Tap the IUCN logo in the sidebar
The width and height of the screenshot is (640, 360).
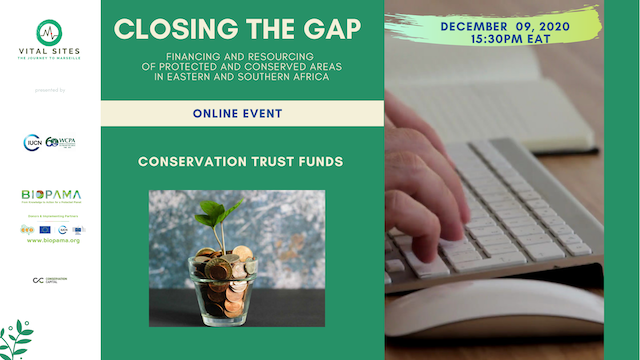(x=33, y=143)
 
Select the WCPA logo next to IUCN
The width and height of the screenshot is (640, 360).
(x=61, y=143)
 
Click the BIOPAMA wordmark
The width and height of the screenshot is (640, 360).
(x=51, y=194)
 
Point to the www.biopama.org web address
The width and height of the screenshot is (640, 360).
(x=50, y=241)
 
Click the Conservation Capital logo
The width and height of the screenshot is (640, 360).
(x=50, y=280)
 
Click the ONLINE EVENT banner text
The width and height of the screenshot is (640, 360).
(x=242, y=114)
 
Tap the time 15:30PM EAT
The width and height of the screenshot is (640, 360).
(x=495, y=40)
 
